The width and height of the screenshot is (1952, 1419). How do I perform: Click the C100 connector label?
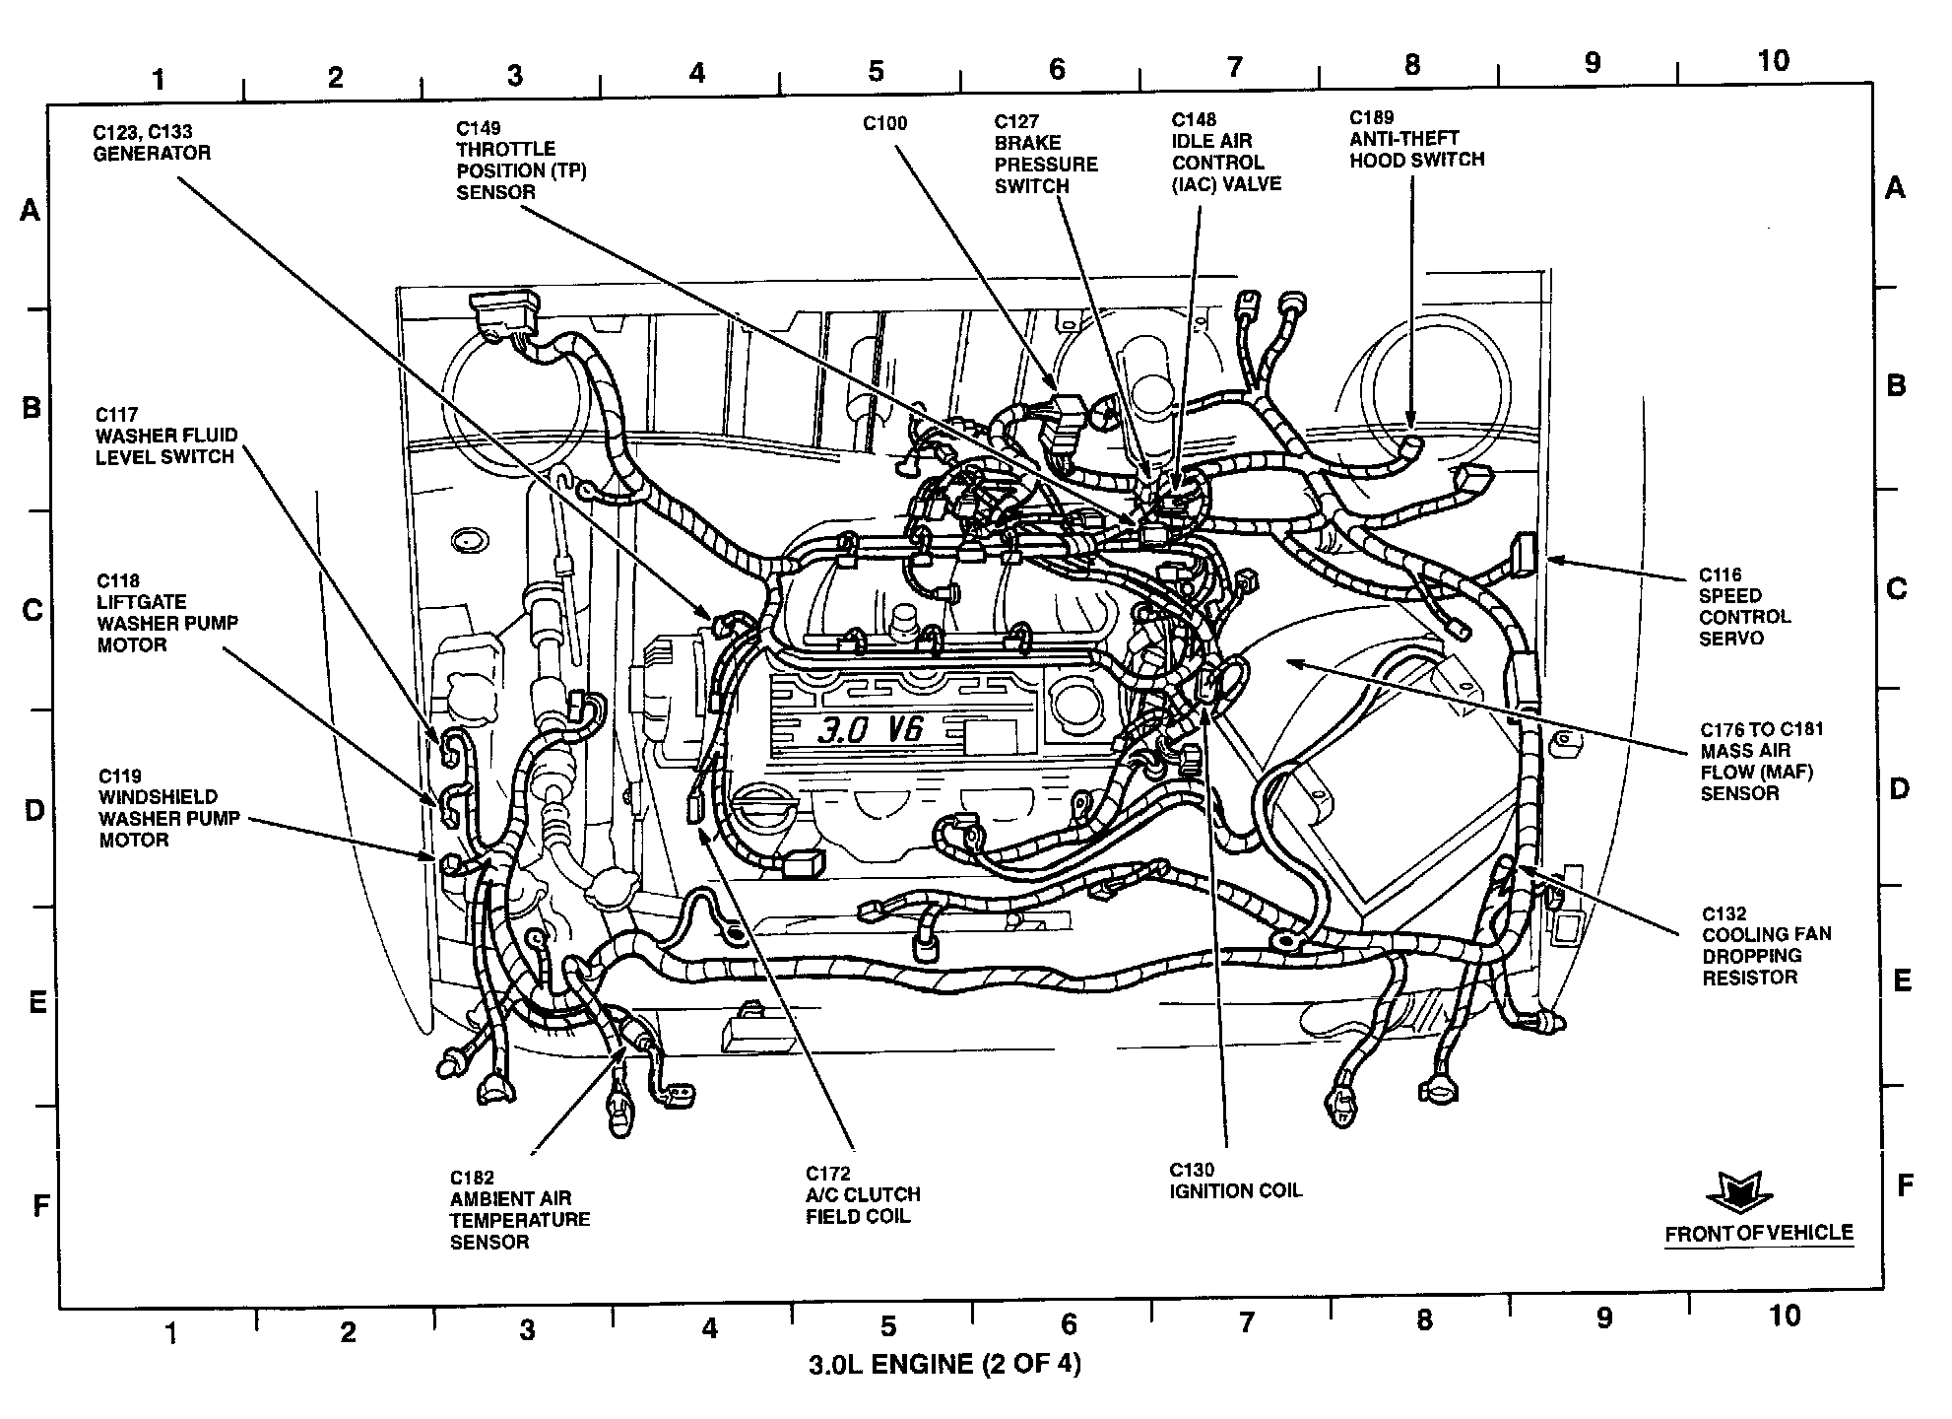click(884, 124)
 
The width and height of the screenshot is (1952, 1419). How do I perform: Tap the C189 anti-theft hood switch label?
click(1415, 139)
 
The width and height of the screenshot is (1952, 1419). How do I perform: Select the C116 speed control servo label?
click(1743, 606)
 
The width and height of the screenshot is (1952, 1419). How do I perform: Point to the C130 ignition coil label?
click(1234, 1181)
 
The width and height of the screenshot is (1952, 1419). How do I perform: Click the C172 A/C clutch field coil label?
click(863, 1194)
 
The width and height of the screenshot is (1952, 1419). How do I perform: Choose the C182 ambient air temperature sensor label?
click(519, 1209)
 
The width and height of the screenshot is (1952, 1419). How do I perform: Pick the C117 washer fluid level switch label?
click(164, 436)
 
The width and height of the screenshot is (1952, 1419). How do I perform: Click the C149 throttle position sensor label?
click(520, 160)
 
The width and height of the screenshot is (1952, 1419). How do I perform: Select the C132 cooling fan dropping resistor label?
click(1766, 945)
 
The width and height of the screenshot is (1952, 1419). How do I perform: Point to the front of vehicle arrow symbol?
click(1738, 1192)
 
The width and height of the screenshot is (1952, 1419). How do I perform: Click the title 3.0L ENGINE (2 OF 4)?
click(943, 1365)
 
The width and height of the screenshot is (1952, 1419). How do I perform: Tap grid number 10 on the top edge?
click(1772, 61)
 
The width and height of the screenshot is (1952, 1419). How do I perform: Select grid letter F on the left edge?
click(40, 1204)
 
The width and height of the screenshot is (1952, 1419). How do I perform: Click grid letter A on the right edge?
click(1894, 187)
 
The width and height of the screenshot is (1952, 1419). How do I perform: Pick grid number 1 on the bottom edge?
click(171, 1332)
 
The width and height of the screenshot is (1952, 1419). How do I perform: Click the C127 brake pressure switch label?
click(1045, 154)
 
